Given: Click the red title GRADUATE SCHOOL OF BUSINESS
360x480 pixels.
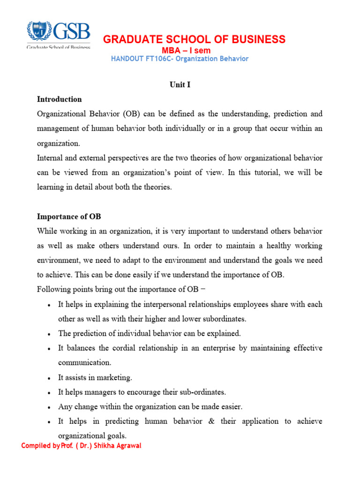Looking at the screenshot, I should coord(194,39).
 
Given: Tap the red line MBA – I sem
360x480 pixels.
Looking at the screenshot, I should coord(186,51).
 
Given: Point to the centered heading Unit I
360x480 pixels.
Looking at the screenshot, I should coord(180,84).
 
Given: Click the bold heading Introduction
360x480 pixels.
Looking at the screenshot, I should coord(60,99).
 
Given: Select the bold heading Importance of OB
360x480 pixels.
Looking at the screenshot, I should coord(69,217).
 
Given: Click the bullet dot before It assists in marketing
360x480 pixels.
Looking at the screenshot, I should coord(49,378).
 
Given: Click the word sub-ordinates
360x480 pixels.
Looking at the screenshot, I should coord(199,392).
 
